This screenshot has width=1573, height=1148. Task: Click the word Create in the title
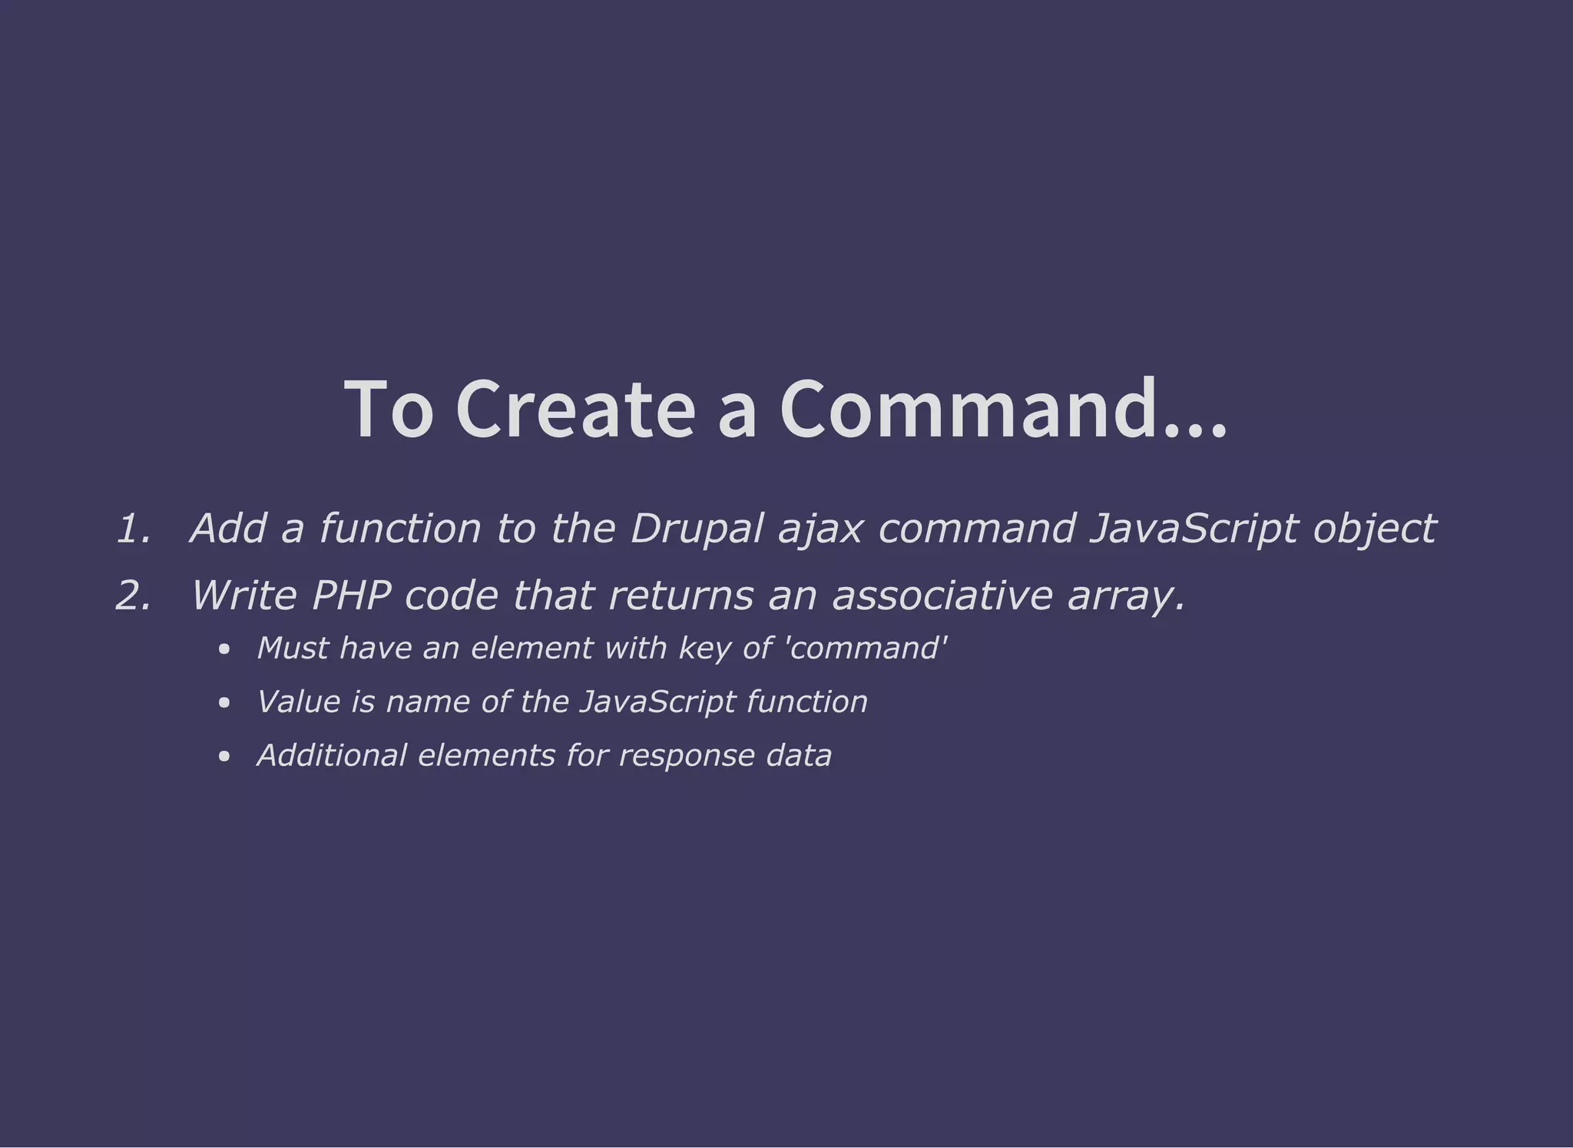coord(575,410)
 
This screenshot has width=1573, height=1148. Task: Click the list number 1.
coord(133,529)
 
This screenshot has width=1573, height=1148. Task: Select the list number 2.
coord(133,596)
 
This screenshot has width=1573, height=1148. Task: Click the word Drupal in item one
coord(697,529)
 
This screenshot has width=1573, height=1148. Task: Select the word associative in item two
coord(942,596)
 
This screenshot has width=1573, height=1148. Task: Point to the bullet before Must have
coord(224,650)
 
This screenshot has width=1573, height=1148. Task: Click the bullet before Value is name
coord(224,703)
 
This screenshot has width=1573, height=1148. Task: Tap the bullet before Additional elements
coord(224,757)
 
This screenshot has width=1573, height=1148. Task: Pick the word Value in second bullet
coord(298,702)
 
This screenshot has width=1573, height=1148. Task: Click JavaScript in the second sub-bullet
coord(657,702)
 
